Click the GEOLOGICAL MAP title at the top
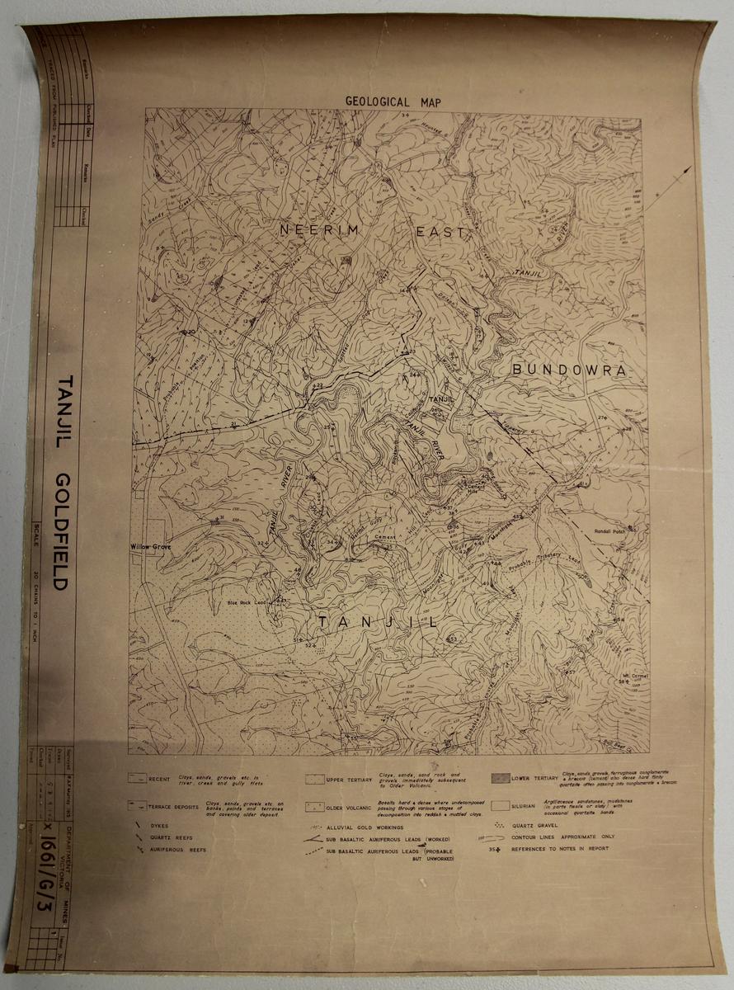tap(393, 101)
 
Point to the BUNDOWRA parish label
tap(568, 370)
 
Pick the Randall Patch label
tap(613, 532)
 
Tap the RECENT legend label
tap(161, 778)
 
